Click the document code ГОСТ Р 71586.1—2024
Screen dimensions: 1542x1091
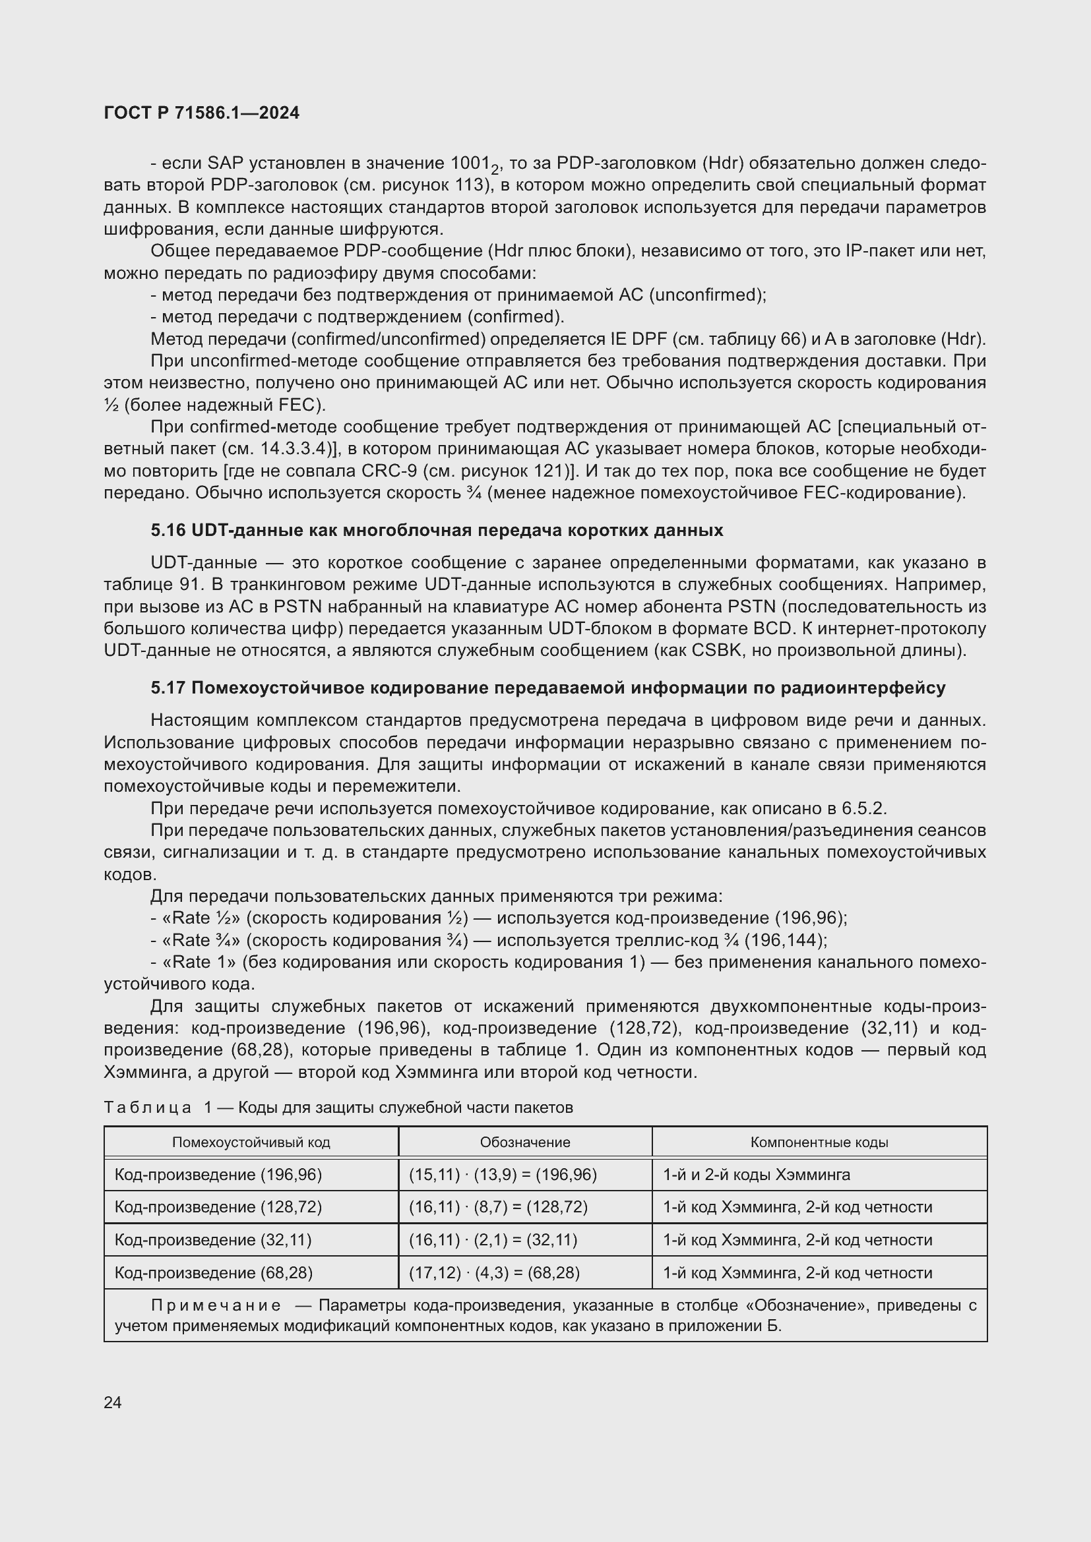202,113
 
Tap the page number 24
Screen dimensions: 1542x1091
113,1402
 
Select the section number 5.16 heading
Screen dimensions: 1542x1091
168,531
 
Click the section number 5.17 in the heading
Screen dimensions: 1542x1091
168,688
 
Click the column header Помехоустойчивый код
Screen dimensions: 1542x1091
251,1142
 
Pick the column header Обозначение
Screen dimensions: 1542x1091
524,1142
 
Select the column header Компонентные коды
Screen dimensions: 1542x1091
819,1142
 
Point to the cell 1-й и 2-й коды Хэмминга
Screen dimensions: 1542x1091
757,1175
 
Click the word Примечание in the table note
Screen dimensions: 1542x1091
216,1305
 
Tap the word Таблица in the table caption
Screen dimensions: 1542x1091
148,1108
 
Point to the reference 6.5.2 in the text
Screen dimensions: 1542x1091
864,808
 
